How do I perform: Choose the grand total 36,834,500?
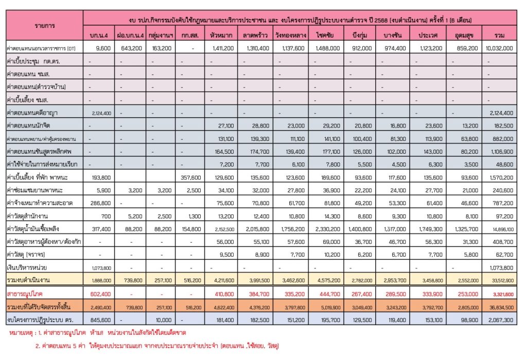(x=499, y=307)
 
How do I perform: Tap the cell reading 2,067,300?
(x=499, y=319)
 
